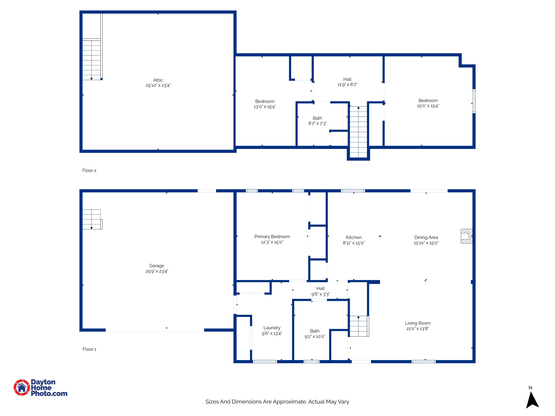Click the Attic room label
tap(158, 80)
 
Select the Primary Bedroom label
tap(272, 237)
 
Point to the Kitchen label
tap(354, 237)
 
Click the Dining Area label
tap(426, 237)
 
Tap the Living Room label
tap(418, 323)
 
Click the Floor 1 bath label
tap(315, 331)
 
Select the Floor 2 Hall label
tap(347, 79)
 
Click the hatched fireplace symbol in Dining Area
tap(466, 236)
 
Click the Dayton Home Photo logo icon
tap(22, 387)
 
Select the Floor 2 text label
tap(89, 170)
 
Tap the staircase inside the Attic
tap(92, 60)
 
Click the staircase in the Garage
tap(92, 219)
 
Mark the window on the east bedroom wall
tap(474, 101)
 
